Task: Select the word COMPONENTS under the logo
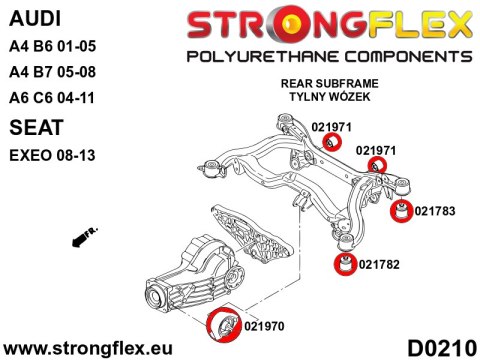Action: pos(385,54)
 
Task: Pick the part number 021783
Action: pos(434,210)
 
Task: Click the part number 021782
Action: pos(378,264)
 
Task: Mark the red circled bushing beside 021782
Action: pos(344,265)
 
